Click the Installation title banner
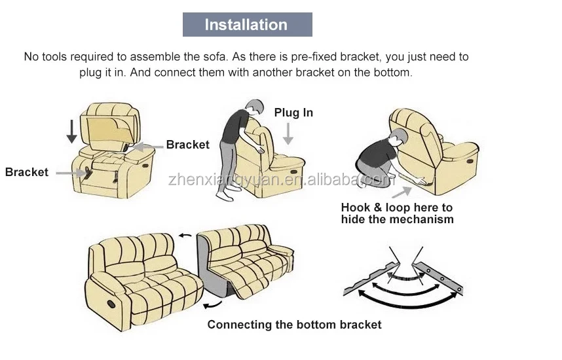pyautogui.click(x=246, y=25)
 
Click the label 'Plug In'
pyautogui.click(x=293, y=113)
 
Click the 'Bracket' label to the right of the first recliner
pyautogui.click(x=187, y=145)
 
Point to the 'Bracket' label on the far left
pyautogui.click(x=27, y=172)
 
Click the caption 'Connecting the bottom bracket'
pyautogui.click(x=294, y=324)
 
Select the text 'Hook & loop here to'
pyautogui.click(x=396, y=207)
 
